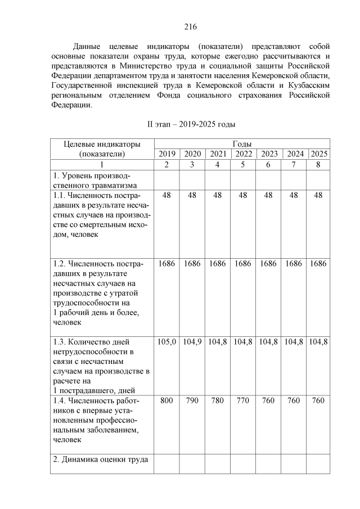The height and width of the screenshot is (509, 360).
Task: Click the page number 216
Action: pyautogui.click(x=190, y=26)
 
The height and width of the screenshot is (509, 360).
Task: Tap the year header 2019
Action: pyautogui.click(x=166, y=154)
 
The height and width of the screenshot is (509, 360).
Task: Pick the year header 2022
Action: pyautogui.click(x=243, y=154)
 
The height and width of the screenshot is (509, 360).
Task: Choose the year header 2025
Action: pyautogui.click(x=319, y=154)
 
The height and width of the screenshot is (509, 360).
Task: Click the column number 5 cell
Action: pyautogui.click(x=243, y=164)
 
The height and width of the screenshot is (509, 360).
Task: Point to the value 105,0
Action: pyautogui.click(x=166, y=341)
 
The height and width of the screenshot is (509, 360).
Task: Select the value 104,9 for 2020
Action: pyautogui.click(x=192, y=341)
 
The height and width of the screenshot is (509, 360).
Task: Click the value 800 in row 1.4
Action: pyautogui.click(x=166, y=400)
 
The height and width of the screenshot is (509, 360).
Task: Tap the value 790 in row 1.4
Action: pyautogui.click(x=192, y=400)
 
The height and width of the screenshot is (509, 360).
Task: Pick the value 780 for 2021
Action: pyautogui.click(x=217, y=400)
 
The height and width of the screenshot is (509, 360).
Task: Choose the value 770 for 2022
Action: pyautogui.click(x=243, y=400)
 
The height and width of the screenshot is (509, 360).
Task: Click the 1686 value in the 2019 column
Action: pyautogui.click(x=166, y=263)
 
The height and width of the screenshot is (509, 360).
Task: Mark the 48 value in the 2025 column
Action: pyautogui.click(x=319, y=195)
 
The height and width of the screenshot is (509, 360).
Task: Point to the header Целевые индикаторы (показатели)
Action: pyautogui.click(x=102, y=149)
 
